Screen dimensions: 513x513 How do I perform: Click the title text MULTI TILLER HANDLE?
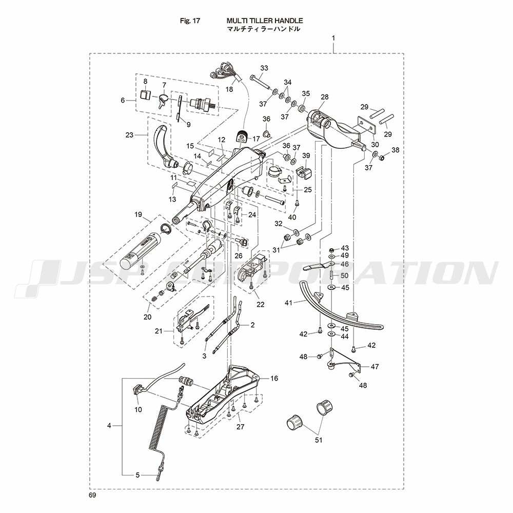tap(265, 21)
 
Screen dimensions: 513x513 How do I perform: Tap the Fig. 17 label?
tap(190, 21)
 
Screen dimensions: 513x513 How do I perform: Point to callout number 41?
tap(288, 303)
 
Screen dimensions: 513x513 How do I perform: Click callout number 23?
tap(129, 135)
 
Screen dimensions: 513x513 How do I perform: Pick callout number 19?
tap(138, 214)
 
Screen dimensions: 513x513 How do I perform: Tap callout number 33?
tap(264, 68)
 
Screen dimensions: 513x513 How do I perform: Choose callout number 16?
tap(274, 378)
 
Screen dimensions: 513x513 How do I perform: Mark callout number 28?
tap(324, 97)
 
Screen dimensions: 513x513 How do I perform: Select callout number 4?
tap(109, 426)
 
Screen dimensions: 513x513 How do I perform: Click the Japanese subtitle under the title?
tap(263, 29)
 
